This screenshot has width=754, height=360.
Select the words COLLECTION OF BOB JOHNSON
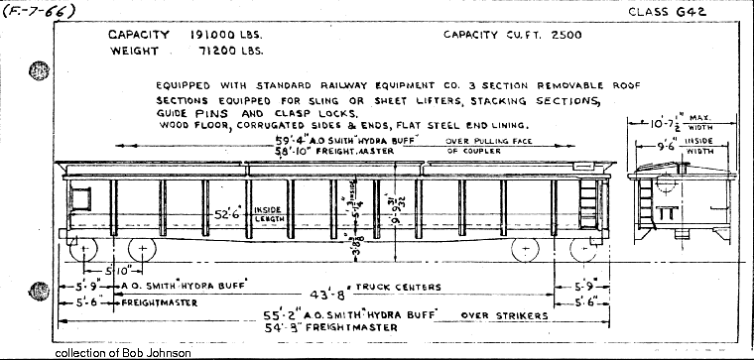coord(124,352)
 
